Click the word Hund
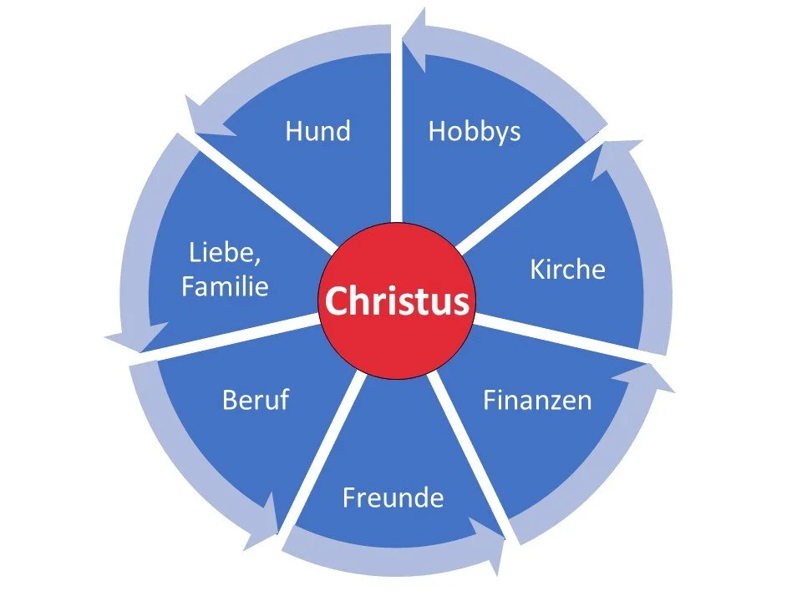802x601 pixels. (317, 131)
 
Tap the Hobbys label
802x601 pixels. (474, 132)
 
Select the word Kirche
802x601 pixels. (567, 269)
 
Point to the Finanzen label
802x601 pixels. (537, 400)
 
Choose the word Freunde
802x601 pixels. (393, 498)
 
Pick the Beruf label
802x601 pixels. (255, 400)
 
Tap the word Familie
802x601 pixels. (225, 287)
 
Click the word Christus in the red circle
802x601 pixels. (397, 300)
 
